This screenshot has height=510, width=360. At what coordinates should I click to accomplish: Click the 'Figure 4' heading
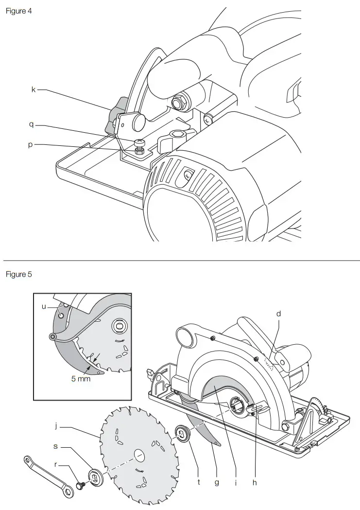coord(18,11)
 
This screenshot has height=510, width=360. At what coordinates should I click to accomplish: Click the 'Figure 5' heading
coord(18,274)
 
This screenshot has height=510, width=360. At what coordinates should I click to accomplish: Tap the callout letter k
coord(33,89)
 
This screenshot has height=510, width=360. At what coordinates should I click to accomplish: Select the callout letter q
coord(31,125)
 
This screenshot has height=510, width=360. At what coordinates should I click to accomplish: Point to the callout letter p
coord(30,144)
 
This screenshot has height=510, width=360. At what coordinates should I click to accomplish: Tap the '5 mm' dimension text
coord(81,378)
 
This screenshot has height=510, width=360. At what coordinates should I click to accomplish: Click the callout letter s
coord(56,446)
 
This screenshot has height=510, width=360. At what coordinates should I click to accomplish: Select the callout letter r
coord(56,464)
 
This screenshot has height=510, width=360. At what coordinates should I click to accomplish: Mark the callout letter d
coord(279,314)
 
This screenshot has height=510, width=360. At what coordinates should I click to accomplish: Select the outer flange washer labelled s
coord(96,477)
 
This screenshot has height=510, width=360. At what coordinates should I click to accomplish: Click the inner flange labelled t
coord(183,434)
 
